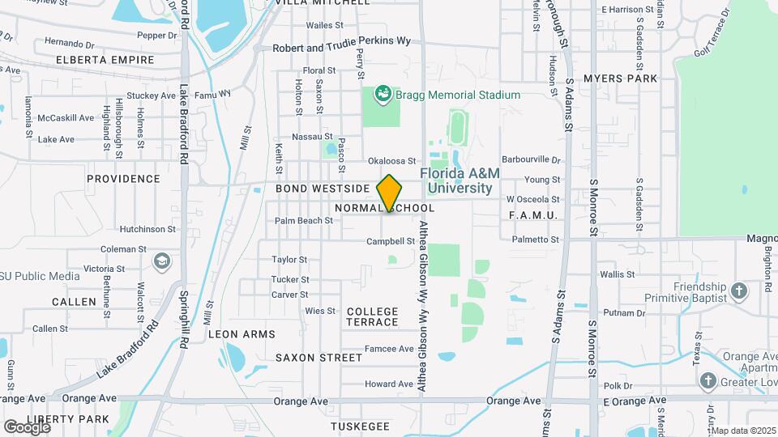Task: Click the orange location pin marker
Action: click(x=390, y=193)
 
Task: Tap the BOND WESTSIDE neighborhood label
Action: click(x=323, y=189)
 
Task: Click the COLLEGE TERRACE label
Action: click(x=373, y=316)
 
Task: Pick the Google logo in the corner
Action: click(x=27, y=426)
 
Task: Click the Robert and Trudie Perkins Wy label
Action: click(x=341, y=48)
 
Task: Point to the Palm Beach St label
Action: click(x=304, y=220)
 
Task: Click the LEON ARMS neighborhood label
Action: click(x=242, y=333)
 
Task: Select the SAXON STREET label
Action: click(x=318, y=357)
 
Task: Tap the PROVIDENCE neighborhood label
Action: click(x=123, y=179)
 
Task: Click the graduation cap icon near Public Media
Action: click(x=162, y=261)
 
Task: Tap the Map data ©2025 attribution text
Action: click(x=743, y=431)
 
